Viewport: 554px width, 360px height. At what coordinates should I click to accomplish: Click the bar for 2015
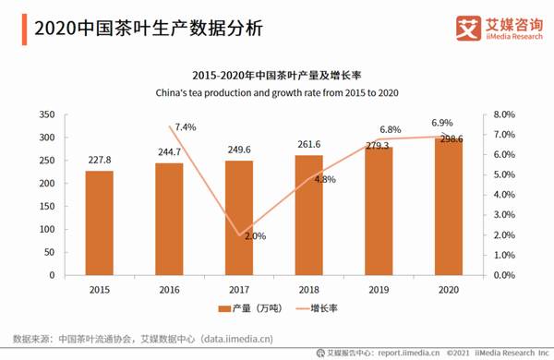(x=100, y=222)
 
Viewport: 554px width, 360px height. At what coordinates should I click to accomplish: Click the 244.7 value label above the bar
(x=168, y=152)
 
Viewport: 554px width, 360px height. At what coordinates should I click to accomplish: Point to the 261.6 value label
(x=308, y=145)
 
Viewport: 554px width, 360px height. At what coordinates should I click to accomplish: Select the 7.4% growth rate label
(x=186, y=126)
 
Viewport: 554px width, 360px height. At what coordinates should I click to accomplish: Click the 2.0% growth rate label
(x=255, y=236)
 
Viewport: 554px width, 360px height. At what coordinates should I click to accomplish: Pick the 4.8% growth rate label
(x=324, y=180)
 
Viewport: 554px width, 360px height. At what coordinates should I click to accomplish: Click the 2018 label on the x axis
(x=308, y=289)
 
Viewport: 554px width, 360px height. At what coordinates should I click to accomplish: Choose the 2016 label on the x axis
(x=168, y=289)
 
